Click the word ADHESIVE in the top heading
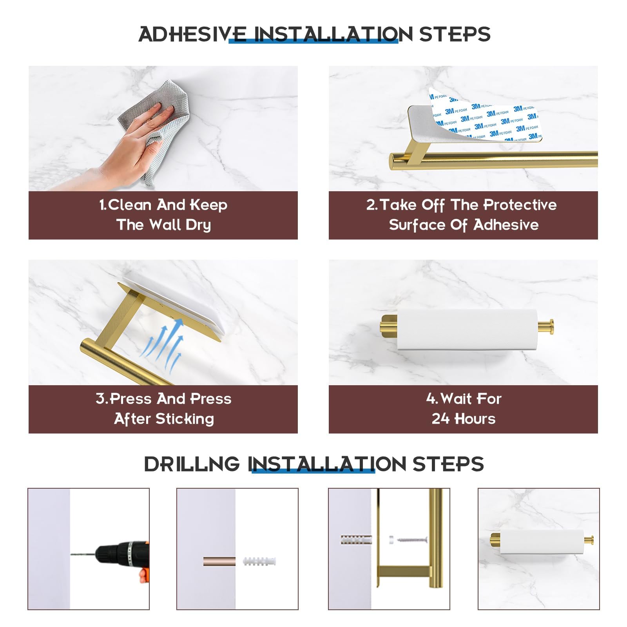tap(192, 34)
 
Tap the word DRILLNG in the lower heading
tap(192, 464)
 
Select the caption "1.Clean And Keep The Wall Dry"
tap(163, 215)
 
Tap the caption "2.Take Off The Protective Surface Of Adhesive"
tap(463, 215)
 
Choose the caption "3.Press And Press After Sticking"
tap(163, 409)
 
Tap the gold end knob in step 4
tap(546, 327)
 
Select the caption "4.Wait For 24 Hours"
tap(464, 409)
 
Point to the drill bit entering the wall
tap(83, 554)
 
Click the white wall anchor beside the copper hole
tap(259, 561)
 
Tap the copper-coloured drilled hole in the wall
tap(219, 562)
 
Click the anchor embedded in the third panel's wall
tap(356, 540)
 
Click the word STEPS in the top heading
tap(455, 34)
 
